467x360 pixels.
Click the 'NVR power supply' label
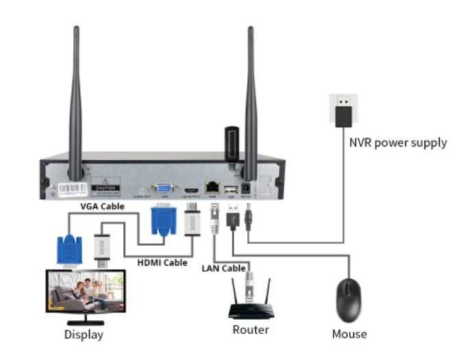pyautogui.click(x=398, y=143)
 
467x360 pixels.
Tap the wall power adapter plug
pyautogui.click(x=342, y=111)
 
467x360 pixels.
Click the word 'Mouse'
pyautogui.click(x=349, y=334)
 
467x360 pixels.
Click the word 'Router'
pyautogui.click(x=251, y=330)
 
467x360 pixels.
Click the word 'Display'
pyautogui.click(x=84, y=335)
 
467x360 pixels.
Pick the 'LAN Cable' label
pyautogui.click(x=223, y=268)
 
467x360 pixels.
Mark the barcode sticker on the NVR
pyautogui.click(x=71, y=188)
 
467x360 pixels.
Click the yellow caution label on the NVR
pyautogui.click(x=106, y=187)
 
